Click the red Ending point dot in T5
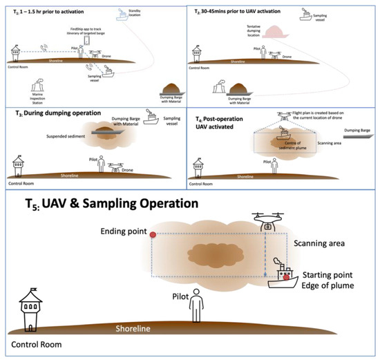153,235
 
